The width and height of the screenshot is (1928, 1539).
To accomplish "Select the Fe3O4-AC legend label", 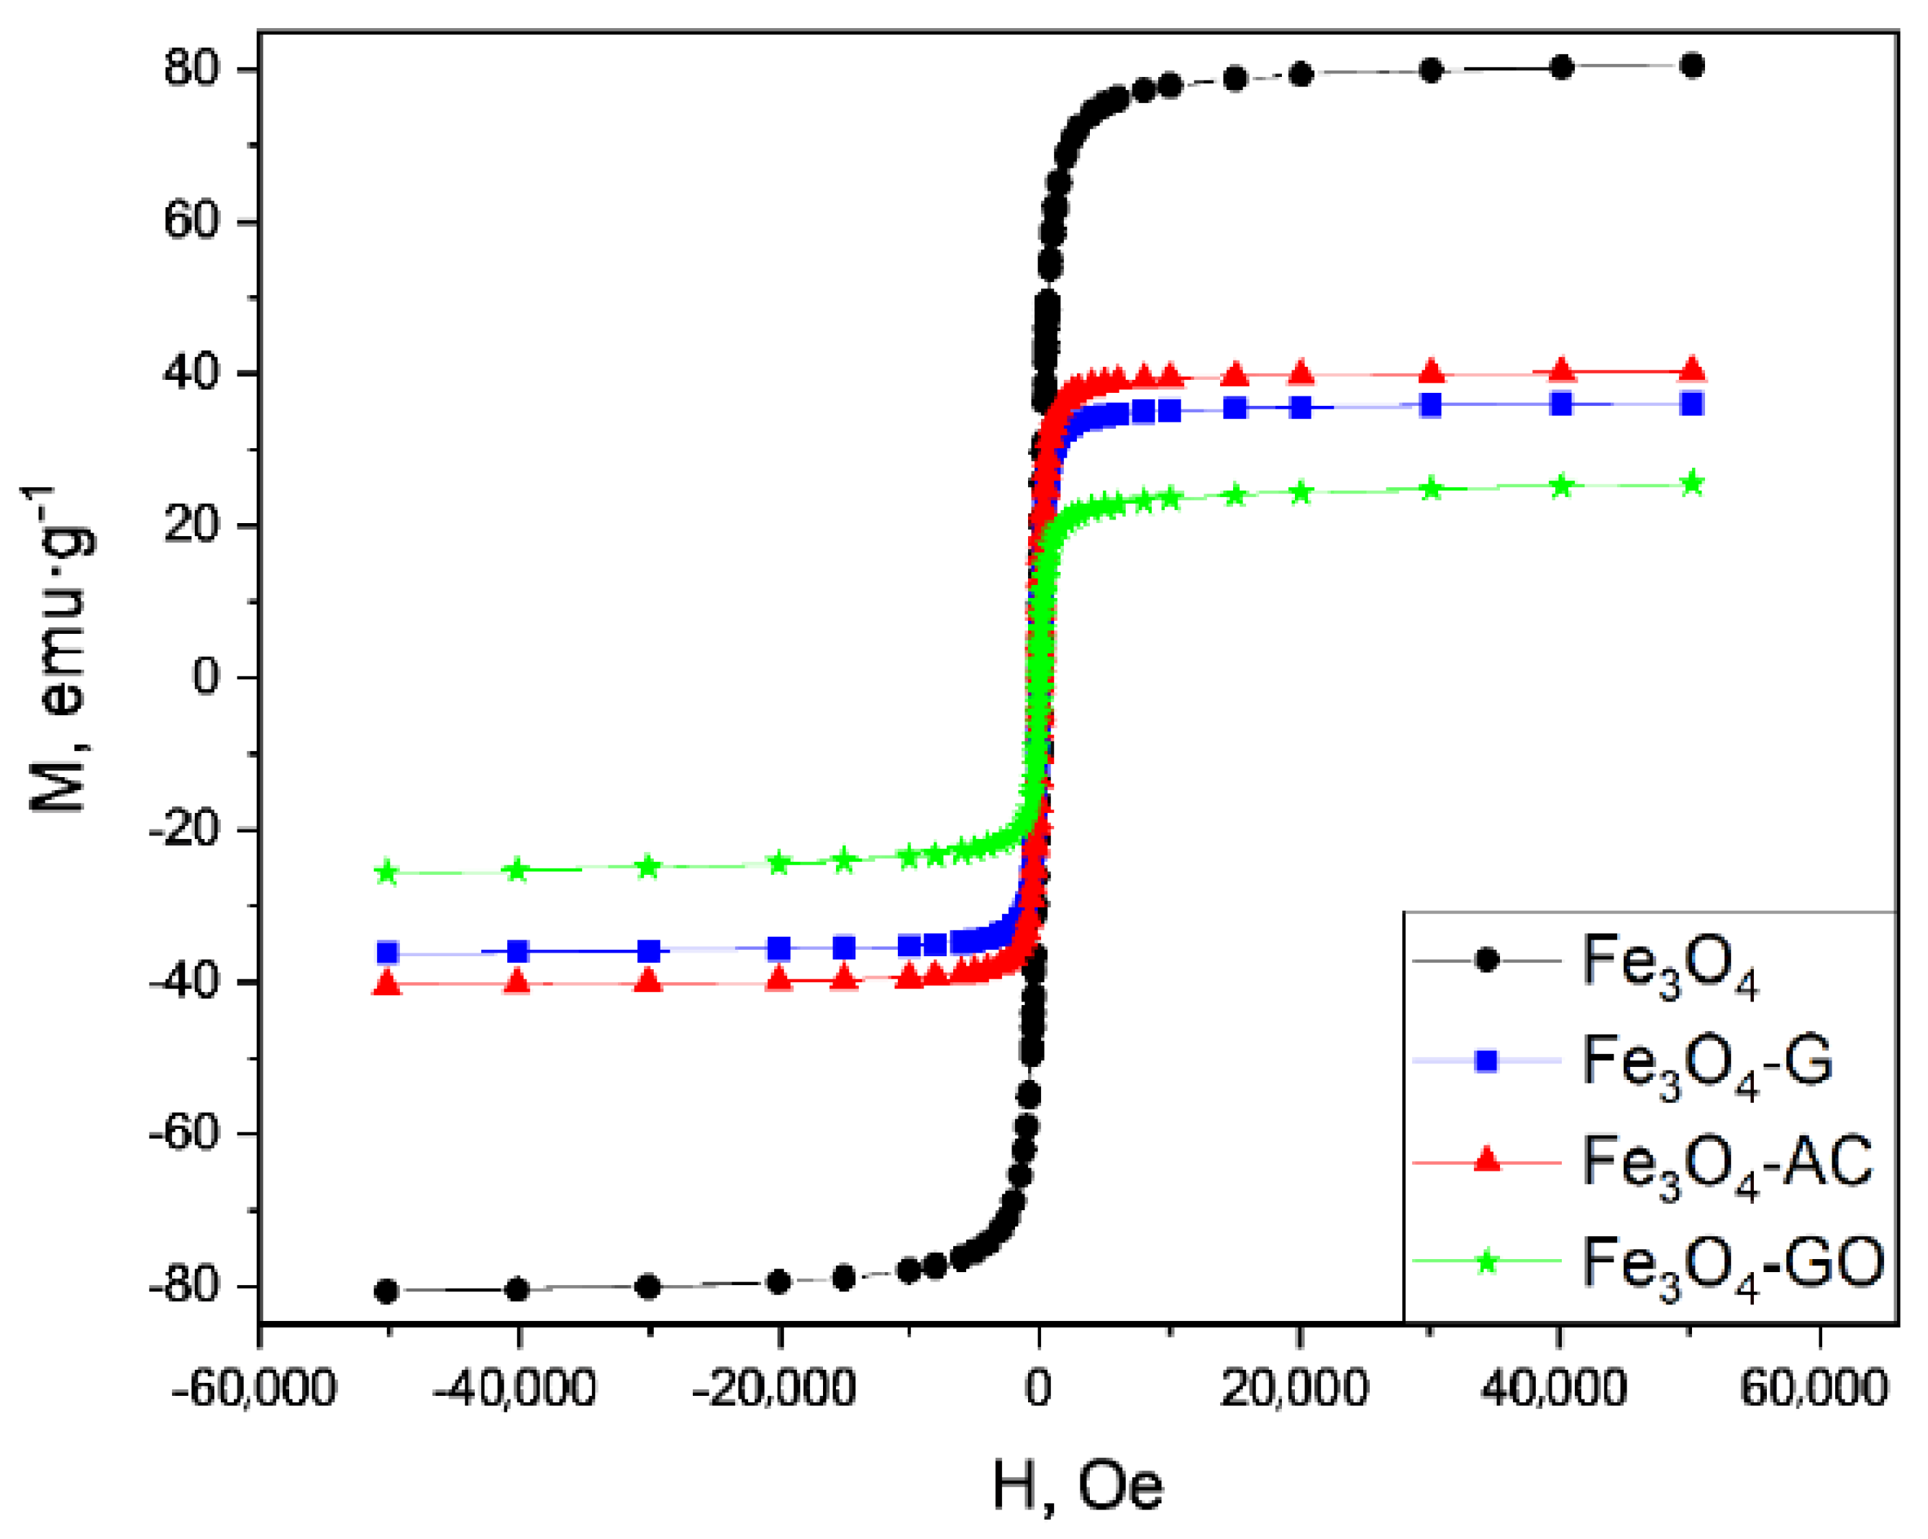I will click(x=1727, y=1163).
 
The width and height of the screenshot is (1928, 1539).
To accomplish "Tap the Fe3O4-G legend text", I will click(x=1707, y=1063).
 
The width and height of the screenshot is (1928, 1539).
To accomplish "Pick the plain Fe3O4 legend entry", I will click(x=1670, y=962).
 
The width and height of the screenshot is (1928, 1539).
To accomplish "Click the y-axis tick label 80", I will click(x=191, y=69).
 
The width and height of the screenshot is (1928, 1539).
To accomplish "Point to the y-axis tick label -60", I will click(x=184, y=1134).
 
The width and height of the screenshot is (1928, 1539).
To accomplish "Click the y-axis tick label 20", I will click(x=191, y=525).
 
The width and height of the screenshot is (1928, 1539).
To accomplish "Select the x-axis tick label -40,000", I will click(x=514, y=1389).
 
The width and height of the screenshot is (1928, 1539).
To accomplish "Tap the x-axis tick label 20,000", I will click(x=1295, y=1389).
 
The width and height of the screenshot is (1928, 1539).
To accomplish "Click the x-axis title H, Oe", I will click(x=1078, y=1487).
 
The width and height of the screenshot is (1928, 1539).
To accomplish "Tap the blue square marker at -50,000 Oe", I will click(x=387, y=953).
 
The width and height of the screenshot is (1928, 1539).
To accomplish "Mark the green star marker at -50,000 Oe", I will click(x=386, y=872).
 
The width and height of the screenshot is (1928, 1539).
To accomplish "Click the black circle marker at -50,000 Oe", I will click(x=386, y=1291).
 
